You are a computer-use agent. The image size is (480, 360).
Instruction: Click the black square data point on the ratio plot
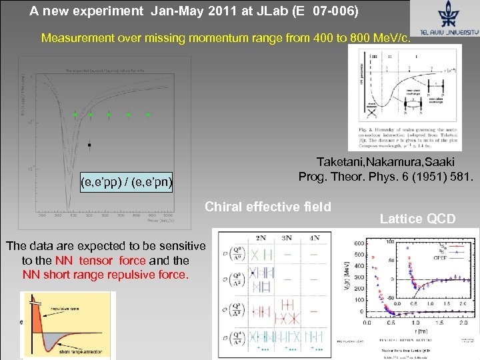(89, 144)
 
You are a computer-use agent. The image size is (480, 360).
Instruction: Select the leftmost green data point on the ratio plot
(75, 115)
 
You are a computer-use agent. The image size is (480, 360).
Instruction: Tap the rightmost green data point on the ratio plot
(148, 115)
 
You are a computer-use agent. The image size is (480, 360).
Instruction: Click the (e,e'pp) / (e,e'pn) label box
(126, 181)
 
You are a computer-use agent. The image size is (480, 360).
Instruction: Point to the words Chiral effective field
(268, 207)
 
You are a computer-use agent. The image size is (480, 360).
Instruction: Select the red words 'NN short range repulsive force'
(105, 274)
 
